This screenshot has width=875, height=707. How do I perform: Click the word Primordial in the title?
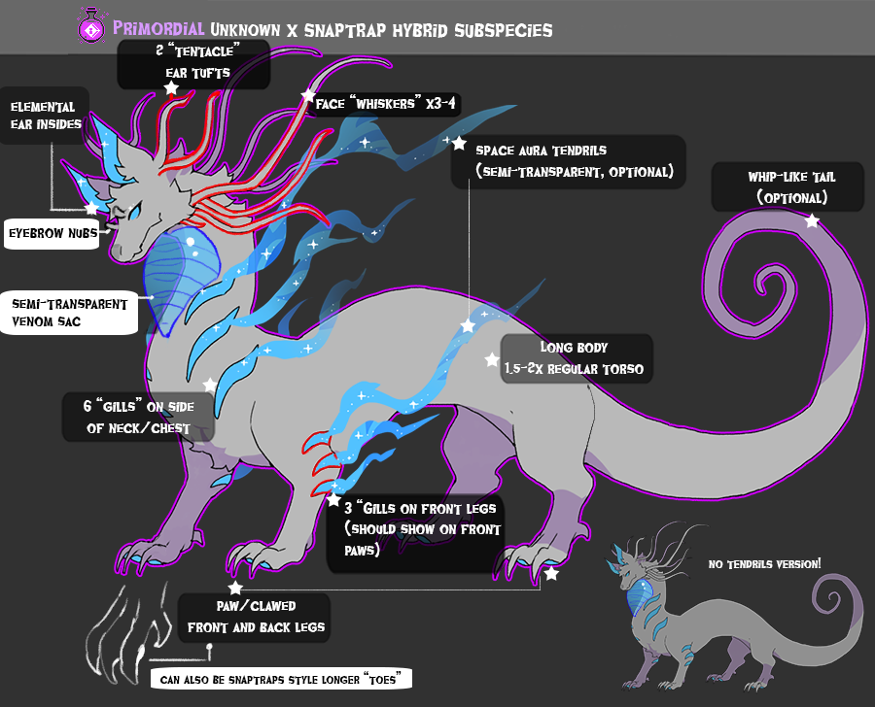coord(158,28)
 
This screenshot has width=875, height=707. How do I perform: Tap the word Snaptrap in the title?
coord(345,30)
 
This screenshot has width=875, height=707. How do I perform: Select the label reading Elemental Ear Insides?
coord(45,116)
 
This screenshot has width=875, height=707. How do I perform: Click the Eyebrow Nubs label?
coord(53,233)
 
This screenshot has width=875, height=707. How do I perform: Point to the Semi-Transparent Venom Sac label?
coord(69,313)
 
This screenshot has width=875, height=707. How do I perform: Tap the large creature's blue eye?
coord(134,212)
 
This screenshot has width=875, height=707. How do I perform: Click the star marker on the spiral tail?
coord(812,220)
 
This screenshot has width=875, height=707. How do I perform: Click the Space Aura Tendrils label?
coord(568,161)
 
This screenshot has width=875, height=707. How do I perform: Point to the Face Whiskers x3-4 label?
coord(386,104)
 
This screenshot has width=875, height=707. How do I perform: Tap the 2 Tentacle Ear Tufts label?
coord(193,63)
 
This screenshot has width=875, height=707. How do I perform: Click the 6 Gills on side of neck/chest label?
coord(138,417)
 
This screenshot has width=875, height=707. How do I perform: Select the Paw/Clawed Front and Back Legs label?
coord(255,618)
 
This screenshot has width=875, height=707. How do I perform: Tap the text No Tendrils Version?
coord(764,564)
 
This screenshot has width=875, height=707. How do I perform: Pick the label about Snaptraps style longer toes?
coord(281,679)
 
